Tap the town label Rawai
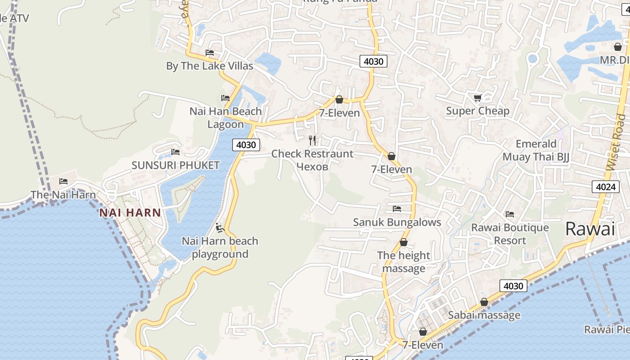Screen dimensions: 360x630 [x=589, y=229]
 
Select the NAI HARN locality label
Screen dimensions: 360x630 [x=130, y=213]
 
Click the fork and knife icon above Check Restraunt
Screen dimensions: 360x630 [x=312, y=140]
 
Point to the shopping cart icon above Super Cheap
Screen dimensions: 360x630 [x=477, y=98]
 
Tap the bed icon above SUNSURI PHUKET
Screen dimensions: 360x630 [x=175, y=152]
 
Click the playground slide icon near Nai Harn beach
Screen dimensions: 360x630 [x=220, y=228]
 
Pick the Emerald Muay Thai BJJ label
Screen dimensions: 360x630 [x=536, y=150]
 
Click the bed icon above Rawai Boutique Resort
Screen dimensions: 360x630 [x=510, y=214]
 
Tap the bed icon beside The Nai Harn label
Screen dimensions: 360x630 [x=63, y=181]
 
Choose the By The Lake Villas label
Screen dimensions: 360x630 [x=210, y=66]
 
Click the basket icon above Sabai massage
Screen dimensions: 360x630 [x=484, y=302]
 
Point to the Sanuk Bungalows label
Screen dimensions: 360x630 [x=397, y=222]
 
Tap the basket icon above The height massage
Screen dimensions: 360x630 [x=404, y=242]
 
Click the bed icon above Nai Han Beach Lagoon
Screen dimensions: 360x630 [x=225, y=98]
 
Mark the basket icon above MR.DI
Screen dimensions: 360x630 [x=618, y=46]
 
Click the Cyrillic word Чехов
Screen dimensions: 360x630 [x=312, y=166]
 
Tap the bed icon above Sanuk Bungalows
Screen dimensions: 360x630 [x=397, y=208]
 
